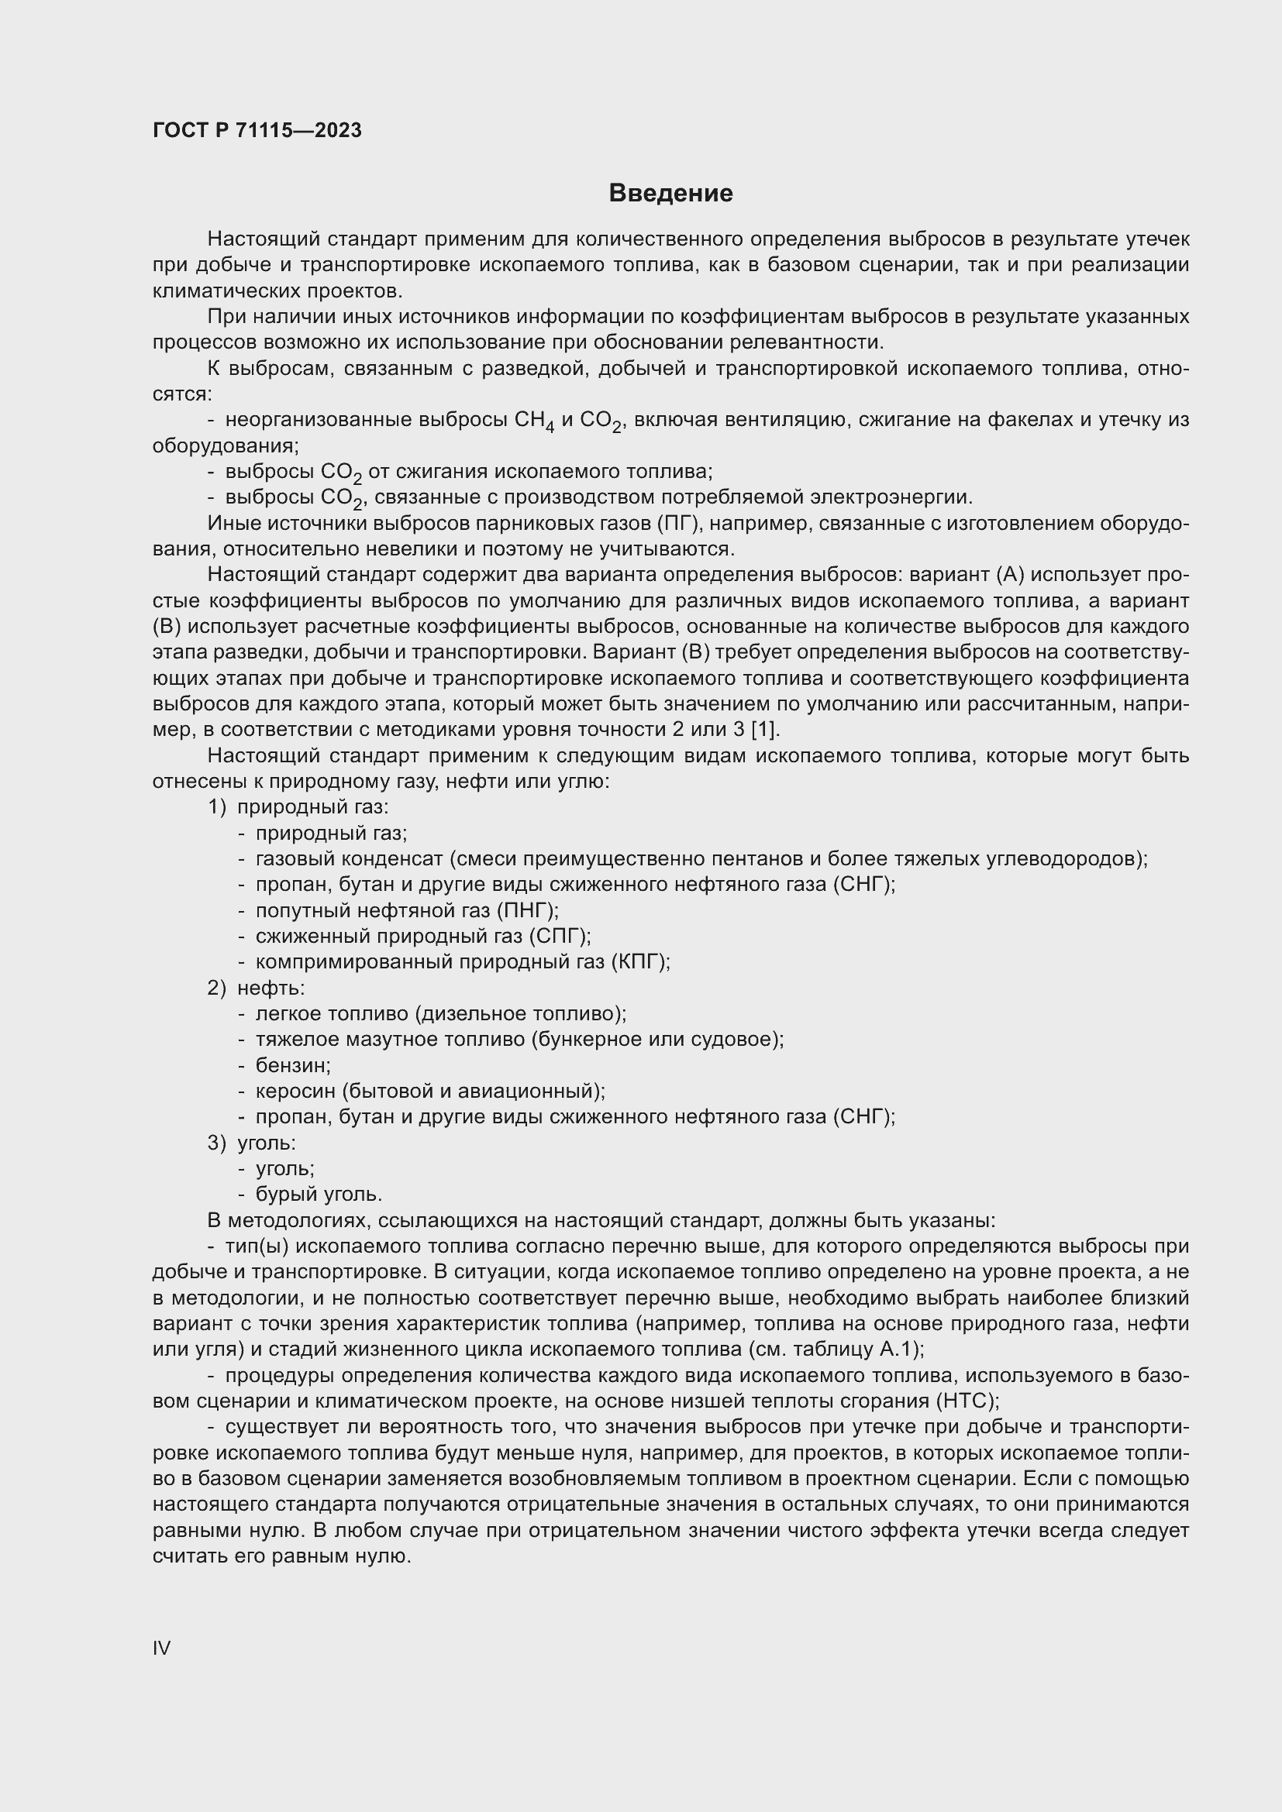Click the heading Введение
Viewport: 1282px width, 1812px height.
tap(671, 194)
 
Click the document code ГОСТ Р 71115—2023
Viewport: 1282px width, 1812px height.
tap(257, 130)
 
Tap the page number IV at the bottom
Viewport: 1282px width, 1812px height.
tap(161, 1648)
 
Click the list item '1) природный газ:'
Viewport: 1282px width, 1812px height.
tap(298, 806)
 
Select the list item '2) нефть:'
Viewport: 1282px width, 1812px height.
tap(257, 987)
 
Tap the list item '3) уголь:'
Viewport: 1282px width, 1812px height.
tap(252, 1142)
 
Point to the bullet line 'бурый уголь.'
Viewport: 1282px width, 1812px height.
tap(319, 1194)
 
